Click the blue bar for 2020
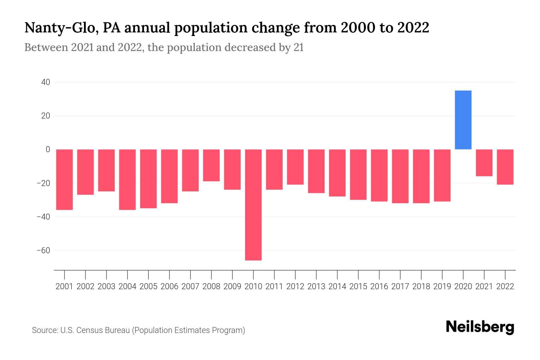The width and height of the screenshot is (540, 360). [463, 120]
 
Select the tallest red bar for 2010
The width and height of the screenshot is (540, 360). [253, 205]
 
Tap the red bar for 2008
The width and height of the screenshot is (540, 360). [211, 165]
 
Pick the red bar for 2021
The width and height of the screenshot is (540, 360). [484, 163]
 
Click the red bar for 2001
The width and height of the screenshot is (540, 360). [64, 179]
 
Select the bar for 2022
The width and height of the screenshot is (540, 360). [505, 167]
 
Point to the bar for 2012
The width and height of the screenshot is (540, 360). [295, 167]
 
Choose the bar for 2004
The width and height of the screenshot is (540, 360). [127, 179]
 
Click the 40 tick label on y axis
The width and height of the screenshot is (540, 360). [46, 82]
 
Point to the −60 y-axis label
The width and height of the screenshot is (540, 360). [43, 250]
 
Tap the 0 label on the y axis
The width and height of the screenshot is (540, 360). [48, 149]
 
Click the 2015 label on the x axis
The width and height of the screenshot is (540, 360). [358, 286]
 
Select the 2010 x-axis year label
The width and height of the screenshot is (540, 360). [253, 286]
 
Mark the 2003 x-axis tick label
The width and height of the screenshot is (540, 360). [106, 286]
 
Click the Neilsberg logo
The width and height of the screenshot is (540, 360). [480, 327]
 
